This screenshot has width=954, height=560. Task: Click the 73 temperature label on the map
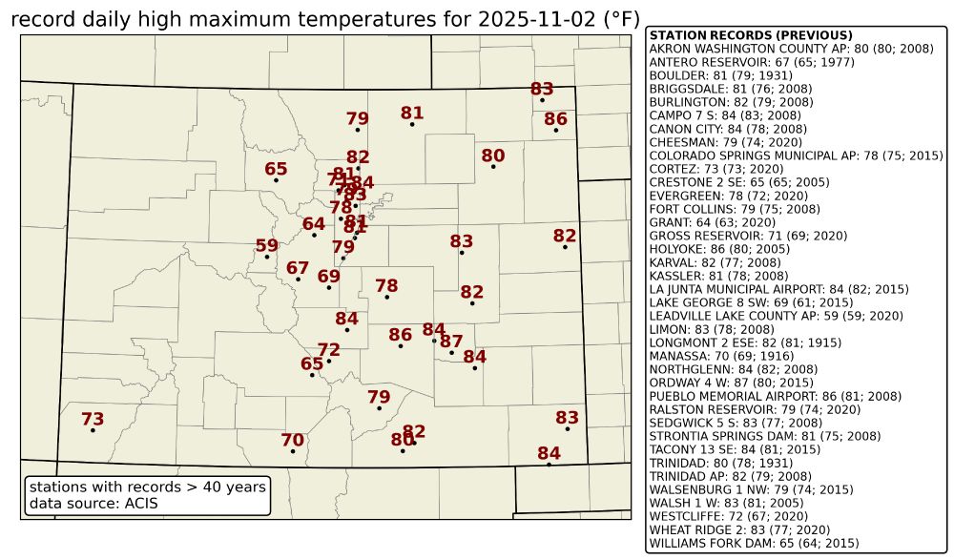(93, 419)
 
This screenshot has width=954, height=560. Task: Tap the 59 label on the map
(267, 246)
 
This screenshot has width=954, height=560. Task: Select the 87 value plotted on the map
(451, 342)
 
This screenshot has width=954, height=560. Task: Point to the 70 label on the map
(293, 440)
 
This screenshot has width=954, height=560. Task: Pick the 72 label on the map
(329, 349)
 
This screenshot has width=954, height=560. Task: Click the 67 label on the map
(299, 268)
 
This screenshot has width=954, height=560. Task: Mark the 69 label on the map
(329, 277)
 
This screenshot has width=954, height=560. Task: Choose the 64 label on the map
(314, 224)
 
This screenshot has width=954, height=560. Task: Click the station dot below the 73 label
(93, 430)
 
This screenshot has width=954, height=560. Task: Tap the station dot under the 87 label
(451, 353)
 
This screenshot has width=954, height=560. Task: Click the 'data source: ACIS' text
(93, 503)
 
